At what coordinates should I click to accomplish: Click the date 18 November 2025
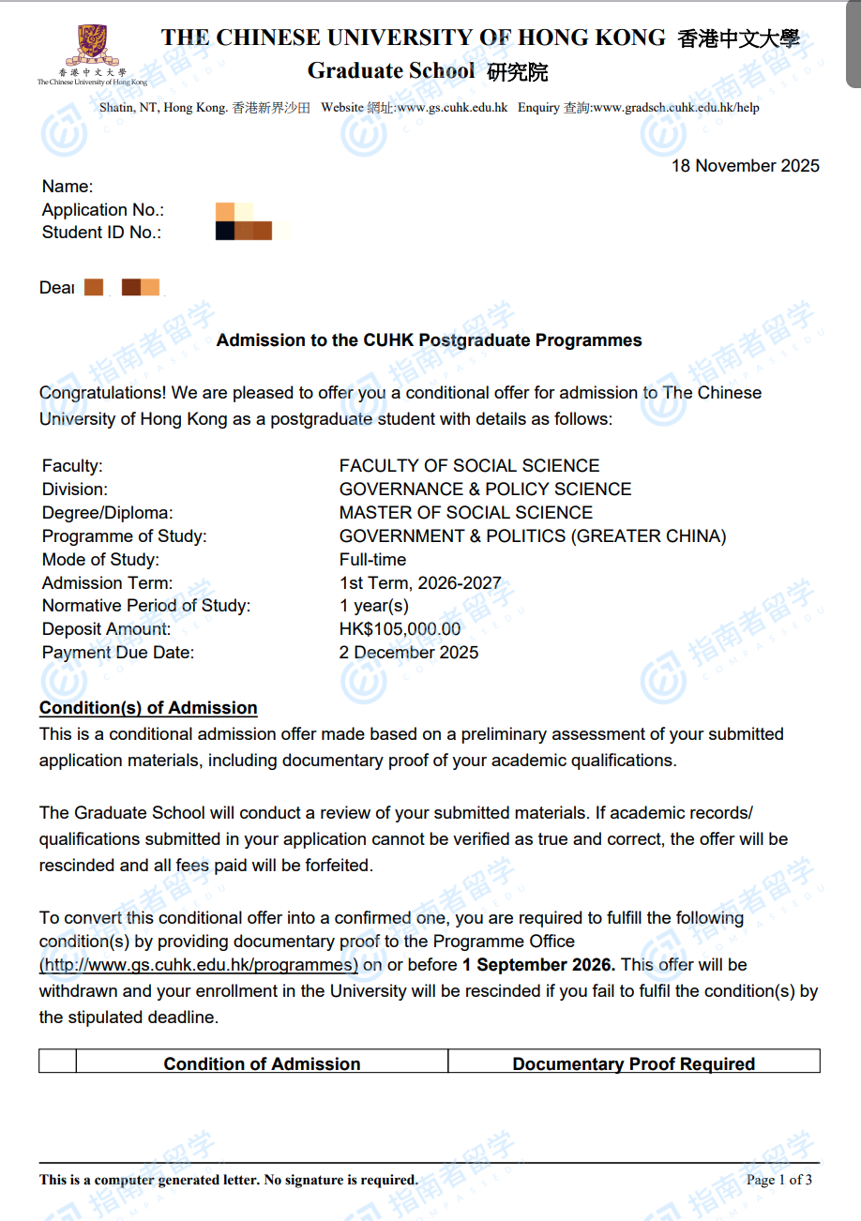pyautogui.click(x=745, y=166)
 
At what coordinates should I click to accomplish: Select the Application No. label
pyautogui.click(x=103, y=210)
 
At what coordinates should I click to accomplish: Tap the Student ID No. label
pyautogui.click(x=101, y=233)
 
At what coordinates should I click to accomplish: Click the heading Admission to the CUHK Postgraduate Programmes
pyautogui.click(x=429, y=340)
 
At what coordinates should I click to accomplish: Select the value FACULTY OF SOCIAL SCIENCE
pyautogui.click(x=469, y=466)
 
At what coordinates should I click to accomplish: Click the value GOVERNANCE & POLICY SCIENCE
pyautogui.click(x=485, y=490)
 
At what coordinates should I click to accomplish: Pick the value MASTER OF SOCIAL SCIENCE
pyautogui.click(x=466, y=513)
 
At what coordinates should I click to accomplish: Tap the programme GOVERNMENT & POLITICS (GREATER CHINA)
pyautogui.click(x=533, y=536)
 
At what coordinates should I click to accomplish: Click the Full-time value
pyautogui.click(x=373, y=560)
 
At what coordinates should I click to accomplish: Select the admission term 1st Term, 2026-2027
pyautogui.click(x=420, y=583)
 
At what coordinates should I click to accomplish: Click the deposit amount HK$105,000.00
pyautogui.click(x=400, y=629)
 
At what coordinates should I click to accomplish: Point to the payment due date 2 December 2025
pyautogui.click(x=409, y=653)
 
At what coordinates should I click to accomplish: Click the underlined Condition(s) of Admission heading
pyautogui.click(x=148, y=708)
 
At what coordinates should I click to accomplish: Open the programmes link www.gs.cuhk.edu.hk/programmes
pyautogui.click(x=199, y=965)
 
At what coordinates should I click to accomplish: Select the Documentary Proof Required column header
pyautogui.click(x=633, y=1064)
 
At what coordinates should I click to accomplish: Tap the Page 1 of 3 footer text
pyautogui.click(x=779, y=1180)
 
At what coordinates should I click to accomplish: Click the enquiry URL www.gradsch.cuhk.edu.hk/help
pyautogui.click(x=676, y=108)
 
